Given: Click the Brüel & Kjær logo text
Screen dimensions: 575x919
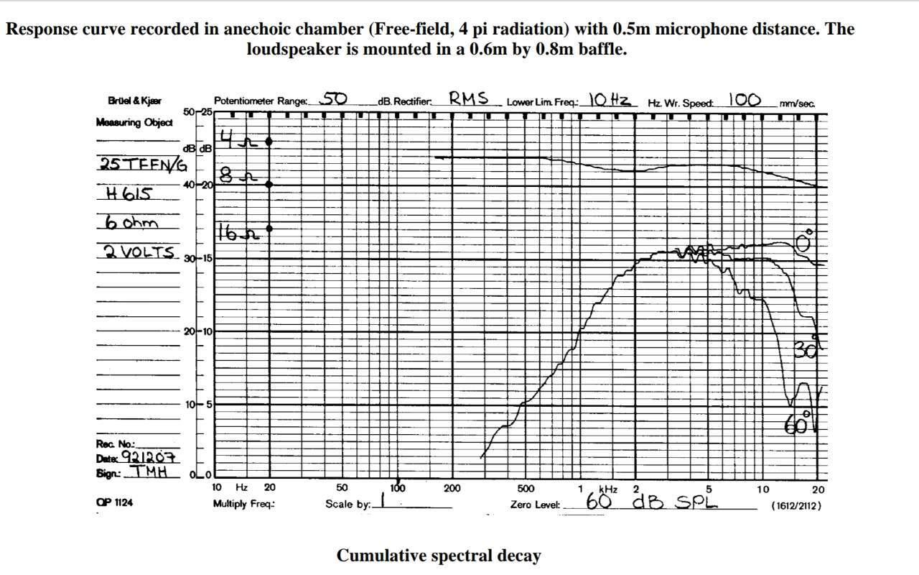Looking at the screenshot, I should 134,101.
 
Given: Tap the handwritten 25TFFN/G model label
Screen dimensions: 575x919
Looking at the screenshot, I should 142,164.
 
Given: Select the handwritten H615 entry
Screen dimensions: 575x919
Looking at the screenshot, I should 128,193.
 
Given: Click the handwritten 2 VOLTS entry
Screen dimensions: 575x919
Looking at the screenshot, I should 139,252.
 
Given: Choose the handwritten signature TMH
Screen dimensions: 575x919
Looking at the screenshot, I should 148,472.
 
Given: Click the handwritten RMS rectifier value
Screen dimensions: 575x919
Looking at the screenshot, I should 469,98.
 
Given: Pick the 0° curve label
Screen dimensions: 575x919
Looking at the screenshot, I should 805,241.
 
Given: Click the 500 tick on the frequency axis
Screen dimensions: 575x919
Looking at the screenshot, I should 526,489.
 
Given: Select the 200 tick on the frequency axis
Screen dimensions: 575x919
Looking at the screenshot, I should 452,489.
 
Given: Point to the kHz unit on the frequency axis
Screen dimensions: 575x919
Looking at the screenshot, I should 608,489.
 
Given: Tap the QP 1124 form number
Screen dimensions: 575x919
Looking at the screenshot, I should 114,503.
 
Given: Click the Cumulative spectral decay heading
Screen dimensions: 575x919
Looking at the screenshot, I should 439,556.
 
